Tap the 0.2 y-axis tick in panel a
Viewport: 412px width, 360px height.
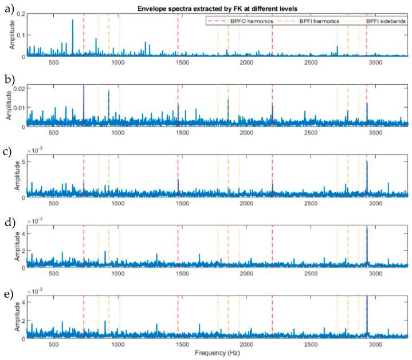pos(19,13)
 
